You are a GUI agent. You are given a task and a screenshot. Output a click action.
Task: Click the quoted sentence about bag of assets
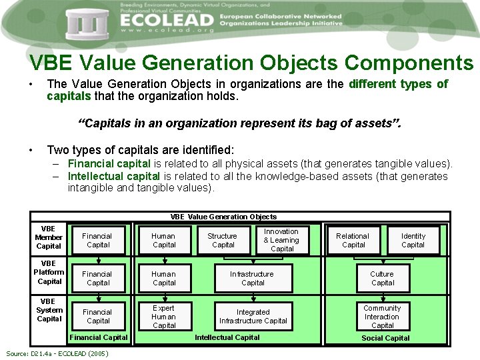coord(240,123)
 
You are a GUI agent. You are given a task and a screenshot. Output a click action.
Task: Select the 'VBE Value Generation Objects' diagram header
coord(223,217)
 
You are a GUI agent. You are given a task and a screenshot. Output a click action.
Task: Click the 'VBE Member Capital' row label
coord(49,237)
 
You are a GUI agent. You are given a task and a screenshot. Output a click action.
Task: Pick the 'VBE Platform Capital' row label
coord(49,273)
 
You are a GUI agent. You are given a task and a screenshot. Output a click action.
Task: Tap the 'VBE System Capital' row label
coord(49,310)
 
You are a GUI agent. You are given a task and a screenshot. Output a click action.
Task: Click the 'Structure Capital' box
coord(223,241)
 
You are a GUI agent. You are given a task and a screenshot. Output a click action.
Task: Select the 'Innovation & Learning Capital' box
coord(282,240)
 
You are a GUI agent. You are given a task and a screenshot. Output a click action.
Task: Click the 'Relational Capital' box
coord(353,241)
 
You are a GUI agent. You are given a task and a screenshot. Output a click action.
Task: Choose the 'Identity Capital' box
coord(413,241)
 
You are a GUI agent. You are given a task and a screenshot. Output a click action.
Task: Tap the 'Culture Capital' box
coord(383,278)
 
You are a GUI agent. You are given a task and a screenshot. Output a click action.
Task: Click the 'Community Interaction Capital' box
coord(383,317)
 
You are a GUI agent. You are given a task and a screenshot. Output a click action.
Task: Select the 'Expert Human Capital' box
coord(164,317)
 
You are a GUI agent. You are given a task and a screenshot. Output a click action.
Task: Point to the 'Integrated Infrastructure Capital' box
coord(253,317)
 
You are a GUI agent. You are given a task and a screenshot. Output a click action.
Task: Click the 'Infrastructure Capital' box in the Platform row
coord(252,278)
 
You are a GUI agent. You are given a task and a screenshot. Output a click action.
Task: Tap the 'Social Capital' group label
coord(385,338)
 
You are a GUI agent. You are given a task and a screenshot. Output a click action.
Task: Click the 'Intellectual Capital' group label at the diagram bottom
coord(227,337)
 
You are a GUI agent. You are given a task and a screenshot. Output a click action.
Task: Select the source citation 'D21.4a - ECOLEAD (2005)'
coord(57,353)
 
